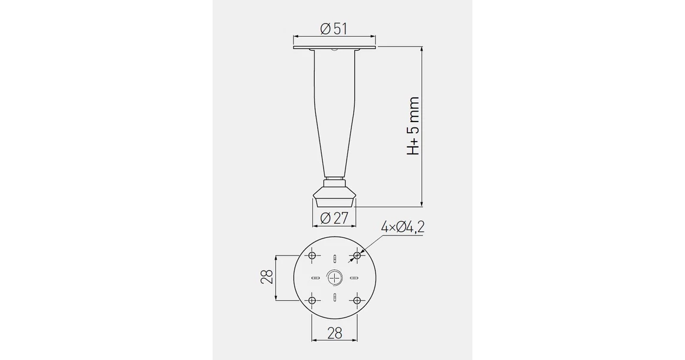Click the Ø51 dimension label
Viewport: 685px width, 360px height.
point(334,29)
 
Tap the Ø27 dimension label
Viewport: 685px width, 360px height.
point(334,218)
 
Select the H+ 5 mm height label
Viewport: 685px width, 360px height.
point(413,126)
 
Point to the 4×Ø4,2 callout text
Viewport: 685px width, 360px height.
point(403,227)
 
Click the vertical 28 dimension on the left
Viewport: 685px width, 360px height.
point(266,277)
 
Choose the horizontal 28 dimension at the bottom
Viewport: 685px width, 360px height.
point(335,333)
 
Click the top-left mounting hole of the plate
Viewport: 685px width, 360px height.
point(312,256)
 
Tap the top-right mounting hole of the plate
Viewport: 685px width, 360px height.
point(357,256)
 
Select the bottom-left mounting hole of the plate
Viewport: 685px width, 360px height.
point(312,300)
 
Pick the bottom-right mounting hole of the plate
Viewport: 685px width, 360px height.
point(357,300)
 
